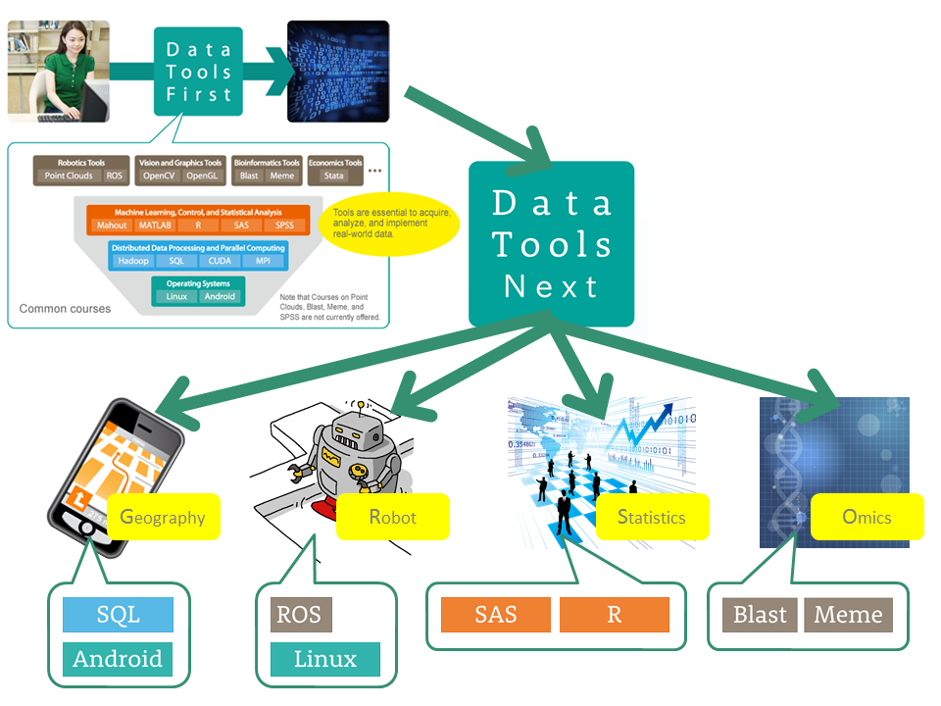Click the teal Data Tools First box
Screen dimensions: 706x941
(198, 72)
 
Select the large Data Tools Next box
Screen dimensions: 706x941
(551, 244)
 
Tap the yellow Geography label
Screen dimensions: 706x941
(164, 517)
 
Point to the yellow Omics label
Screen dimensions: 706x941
(867, 516)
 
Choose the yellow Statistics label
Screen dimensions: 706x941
(652, 517)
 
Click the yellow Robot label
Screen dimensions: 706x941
(393, 517)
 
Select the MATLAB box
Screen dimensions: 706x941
(155, 226)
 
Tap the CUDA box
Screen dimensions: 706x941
(219, 262)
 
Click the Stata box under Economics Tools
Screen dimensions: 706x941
(334, 176)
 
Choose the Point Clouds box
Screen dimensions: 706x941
(68, 176)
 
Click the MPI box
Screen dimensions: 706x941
(264, 262)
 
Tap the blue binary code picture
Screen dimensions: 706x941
(337, 72)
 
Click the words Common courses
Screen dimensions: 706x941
(65, 308)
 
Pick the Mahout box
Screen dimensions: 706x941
(112, 226)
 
